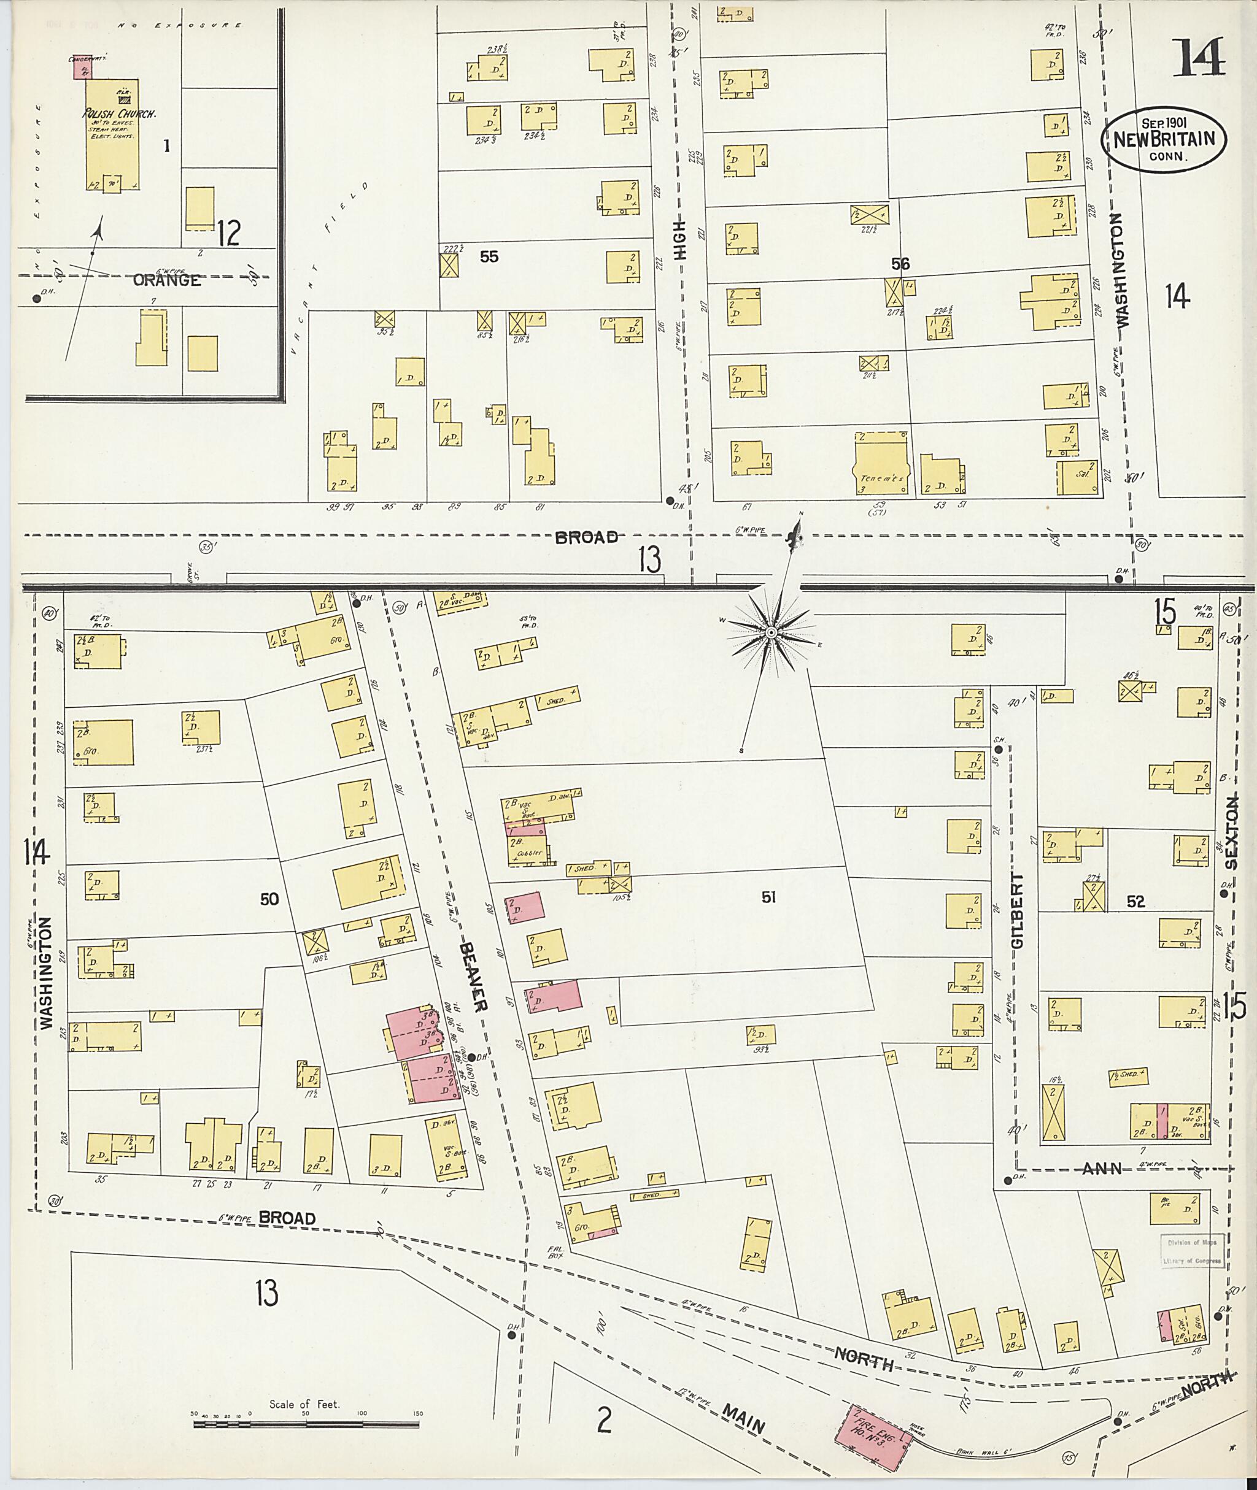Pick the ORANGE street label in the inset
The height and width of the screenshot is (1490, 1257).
167,280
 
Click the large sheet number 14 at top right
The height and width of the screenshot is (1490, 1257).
1200,58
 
